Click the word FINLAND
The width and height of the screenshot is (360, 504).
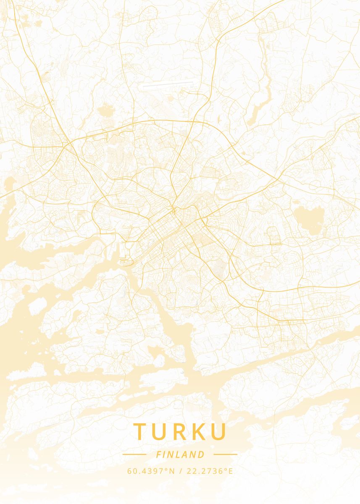180,454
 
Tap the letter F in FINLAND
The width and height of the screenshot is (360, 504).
158,454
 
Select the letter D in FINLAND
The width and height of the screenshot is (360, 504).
202,454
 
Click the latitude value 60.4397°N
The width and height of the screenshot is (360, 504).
151,471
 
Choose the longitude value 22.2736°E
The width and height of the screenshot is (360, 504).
210,471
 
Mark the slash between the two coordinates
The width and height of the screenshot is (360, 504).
181,471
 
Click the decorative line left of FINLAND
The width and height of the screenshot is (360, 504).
134,454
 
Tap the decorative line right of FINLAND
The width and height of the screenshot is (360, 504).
226,454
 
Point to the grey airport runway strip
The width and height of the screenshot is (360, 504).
168,84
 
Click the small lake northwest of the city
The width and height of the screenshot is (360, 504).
105,112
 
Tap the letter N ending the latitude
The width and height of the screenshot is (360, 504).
171,471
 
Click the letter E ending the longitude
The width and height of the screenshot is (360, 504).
230,471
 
